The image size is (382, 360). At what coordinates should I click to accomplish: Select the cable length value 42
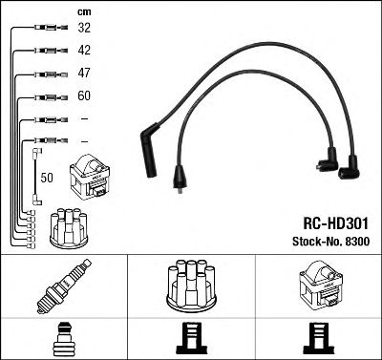coord(84,51)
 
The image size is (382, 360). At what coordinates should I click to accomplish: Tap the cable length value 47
coord(84,73)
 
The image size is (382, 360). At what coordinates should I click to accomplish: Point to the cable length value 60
coord(84,95)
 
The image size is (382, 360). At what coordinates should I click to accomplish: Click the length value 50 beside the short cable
coord(47,178)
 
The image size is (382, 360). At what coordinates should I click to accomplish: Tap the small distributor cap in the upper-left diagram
coord(70,226)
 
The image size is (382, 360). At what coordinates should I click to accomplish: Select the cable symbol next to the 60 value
coord(43,96)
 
